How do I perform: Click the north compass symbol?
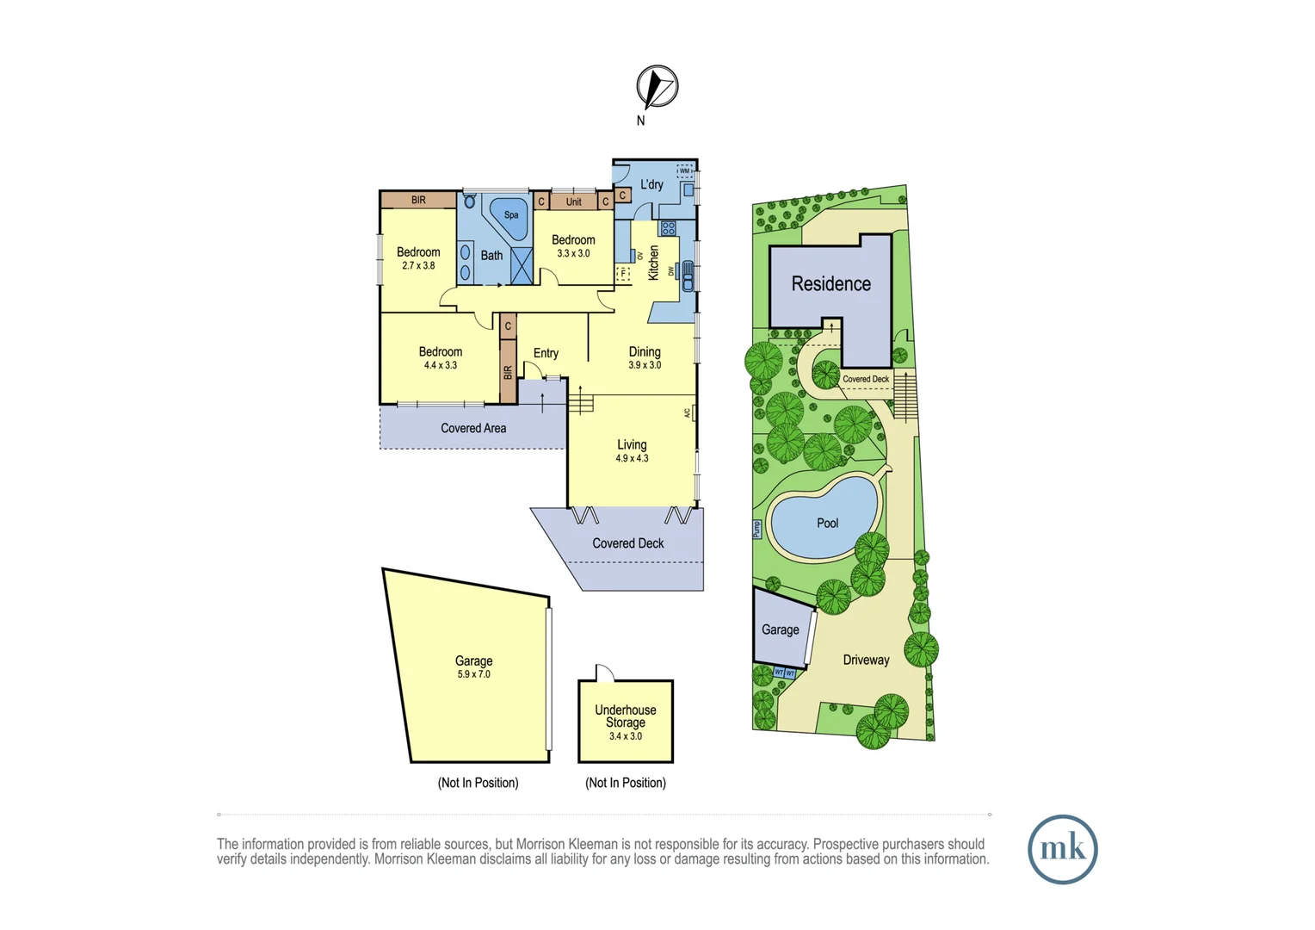(x=657, y=86)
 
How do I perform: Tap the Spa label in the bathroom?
(x=511, y=215)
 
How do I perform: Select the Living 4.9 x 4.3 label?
(x=632, y=450)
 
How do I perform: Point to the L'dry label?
(x=651, y=184)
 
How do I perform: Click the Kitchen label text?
(x=653, y=263)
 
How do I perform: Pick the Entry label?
(x=546, y=353)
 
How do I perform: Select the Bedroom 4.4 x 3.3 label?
(x=441, y=357)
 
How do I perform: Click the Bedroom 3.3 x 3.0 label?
(x=573, y=246)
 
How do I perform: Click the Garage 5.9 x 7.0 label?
(x=473, y=666)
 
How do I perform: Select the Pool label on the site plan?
(x=827, y=523)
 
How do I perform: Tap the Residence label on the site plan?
(x=830, y=284)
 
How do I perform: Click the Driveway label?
(x=866, y=660)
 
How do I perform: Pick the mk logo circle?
(x=1062, y=849)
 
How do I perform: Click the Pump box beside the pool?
(x=757, y=530)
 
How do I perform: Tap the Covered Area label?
(x=473, y=428)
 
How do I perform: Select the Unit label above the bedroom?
(x=573, y=201)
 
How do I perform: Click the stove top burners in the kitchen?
(x=668, y=228)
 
